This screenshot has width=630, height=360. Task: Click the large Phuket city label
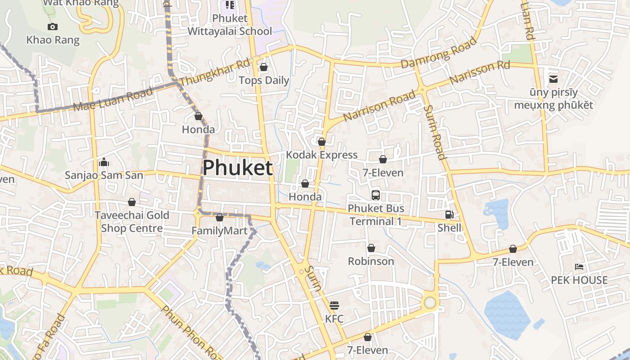pyautogui.click(x=237, y=168)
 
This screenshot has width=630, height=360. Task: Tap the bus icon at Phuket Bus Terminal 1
pyautogui.click(x=376, y=195)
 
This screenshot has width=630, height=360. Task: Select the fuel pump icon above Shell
pyautogui.click(x=449, y=215)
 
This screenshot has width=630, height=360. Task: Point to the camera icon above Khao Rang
pyautogui.click(x=53, y=27)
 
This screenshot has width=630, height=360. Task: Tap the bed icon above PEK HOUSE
pyautogui.click(x=579, y=267)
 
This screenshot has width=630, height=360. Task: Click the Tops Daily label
pyautogui.click(x=264, y=81)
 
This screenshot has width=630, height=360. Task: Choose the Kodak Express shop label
pyautogui.click(x=322, y=155)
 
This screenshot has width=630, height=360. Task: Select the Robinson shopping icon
pyautogui.click(x=371, y=248)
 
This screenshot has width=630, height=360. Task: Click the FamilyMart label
pyautogui.click(x=220, y=231)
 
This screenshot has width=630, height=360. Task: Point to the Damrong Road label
pyautogui.click(x=438, y=53)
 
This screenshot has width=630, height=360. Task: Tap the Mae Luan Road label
pyautogui.click(x=113, y=100)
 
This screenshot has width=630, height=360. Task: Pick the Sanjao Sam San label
pyautogui.click(x=104, y=175)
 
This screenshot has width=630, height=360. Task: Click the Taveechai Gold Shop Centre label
pyautogui.click(x=131, y=221)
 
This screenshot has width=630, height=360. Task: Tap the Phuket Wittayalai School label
pyautogui.click(x=229, y=25)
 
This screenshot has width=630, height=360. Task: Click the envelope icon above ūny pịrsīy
pyautogui.click(x=553, y=80)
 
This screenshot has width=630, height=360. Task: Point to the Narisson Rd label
pyautogui.click(x=479, y=72)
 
